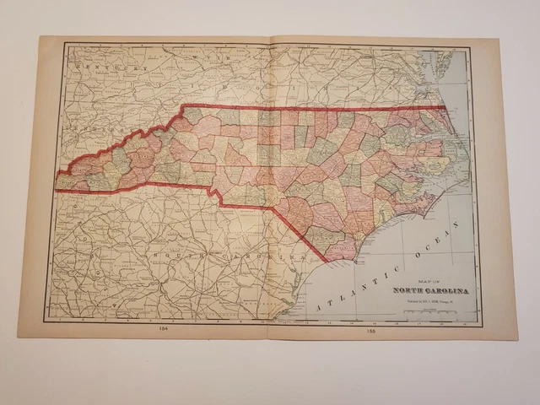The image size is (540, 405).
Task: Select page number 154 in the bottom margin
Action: click(161, 329)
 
